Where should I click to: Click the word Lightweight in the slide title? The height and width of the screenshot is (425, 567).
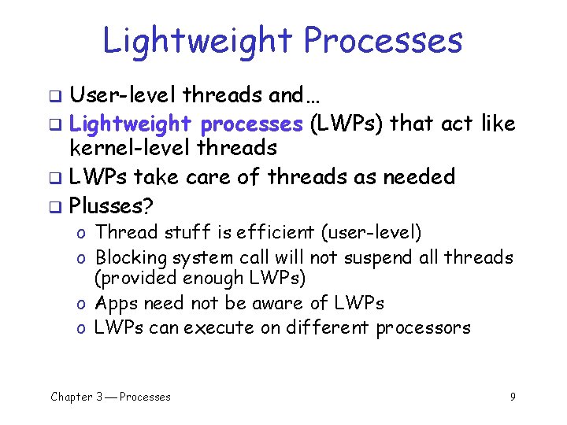(x=198, y=42)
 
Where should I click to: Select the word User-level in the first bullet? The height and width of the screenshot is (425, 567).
(x=123, y=96)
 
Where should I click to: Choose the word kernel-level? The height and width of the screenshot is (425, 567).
(x=131, y=149)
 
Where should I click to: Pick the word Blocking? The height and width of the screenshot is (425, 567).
(x=132, y=257)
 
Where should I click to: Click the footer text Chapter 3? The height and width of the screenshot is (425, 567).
(x=76, y=397)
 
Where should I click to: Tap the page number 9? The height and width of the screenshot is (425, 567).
(x=513, y=397)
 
